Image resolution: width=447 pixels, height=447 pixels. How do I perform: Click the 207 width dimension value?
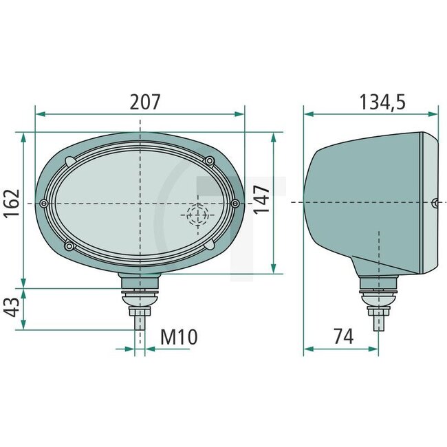pos(145,102)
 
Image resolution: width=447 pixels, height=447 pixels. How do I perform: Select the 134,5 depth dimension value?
pos(382,102)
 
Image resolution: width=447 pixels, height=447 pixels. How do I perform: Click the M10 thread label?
pos(179,337)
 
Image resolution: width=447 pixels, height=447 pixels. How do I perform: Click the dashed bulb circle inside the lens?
pos(197,215)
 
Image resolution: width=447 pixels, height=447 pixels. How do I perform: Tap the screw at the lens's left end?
pos(45,204)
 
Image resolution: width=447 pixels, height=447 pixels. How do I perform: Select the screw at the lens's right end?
pos(236,204)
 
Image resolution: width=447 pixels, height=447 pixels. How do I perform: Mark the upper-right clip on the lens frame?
pos(210,161)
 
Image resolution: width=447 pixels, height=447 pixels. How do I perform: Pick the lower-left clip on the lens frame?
pos(68,246)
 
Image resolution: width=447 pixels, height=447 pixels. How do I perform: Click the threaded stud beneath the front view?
pos(140,318)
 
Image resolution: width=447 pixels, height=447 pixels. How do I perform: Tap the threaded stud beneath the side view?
pos(378,320)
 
